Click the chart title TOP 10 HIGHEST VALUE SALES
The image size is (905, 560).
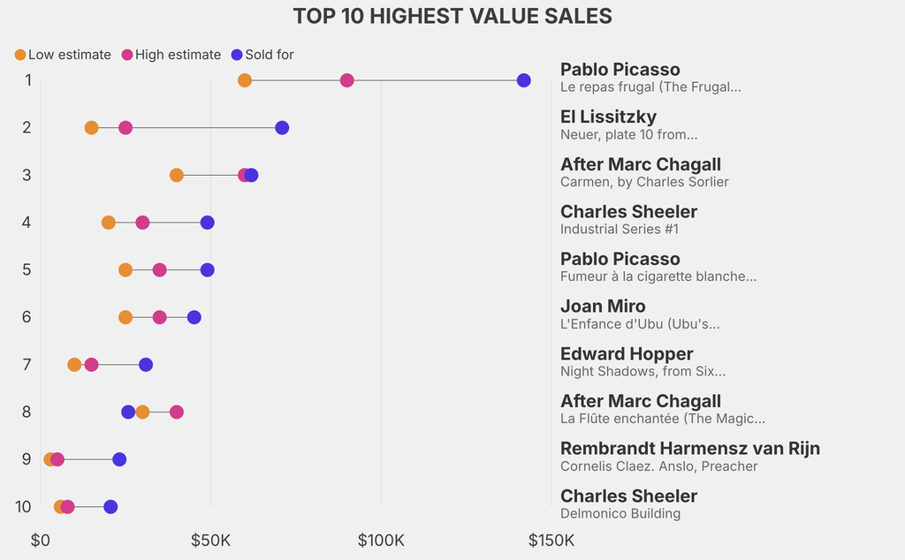pos(452,16)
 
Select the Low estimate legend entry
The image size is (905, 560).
pos(63,55)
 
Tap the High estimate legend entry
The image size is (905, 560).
pos(171,55)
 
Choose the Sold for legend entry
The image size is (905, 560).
pos(262,55)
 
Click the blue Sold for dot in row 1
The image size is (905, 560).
pos(524,80)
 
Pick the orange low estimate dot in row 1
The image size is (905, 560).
pos(245,80)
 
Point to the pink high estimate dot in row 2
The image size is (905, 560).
pos(125,128)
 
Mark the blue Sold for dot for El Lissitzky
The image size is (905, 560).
pos(282,128)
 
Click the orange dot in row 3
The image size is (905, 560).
pos(177,175)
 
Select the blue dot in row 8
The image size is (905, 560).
pos(128,412)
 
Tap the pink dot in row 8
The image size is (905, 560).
pos(177,412)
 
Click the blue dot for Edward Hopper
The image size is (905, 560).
pos(146,365)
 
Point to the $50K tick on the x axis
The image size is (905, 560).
pos(210,540)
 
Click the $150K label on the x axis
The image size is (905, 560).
pos(551,540)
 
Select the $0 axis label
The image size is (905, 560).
pos(41,540)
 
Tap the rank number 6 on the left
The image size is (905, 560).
pos(27,317)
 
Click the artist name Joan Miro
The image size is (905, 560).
pos(603,306)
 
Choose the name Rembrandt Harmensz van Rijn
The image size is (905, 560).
pos(690,448)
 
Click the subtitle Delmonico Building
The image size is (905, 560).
pos(620,513)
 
